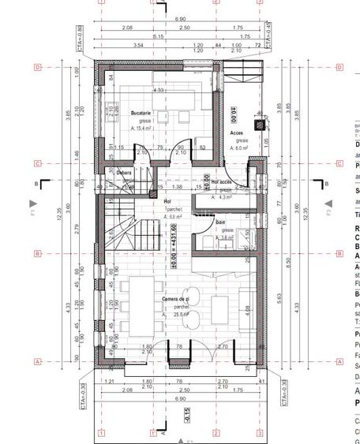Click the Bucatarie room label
click(x=141, y=114)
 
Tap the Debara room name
click(x=124, y=172)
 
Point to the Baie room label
click(x=221, y=223)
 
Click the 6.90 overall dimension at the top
click(x=180, y=19)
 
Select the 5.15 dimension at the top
click(x=158, y=36)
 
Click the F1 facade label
click(x=32, y=212)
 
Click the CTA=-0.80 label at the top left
click(x=81, y=36)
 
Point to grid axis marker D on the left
click(x=37, y=68)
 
